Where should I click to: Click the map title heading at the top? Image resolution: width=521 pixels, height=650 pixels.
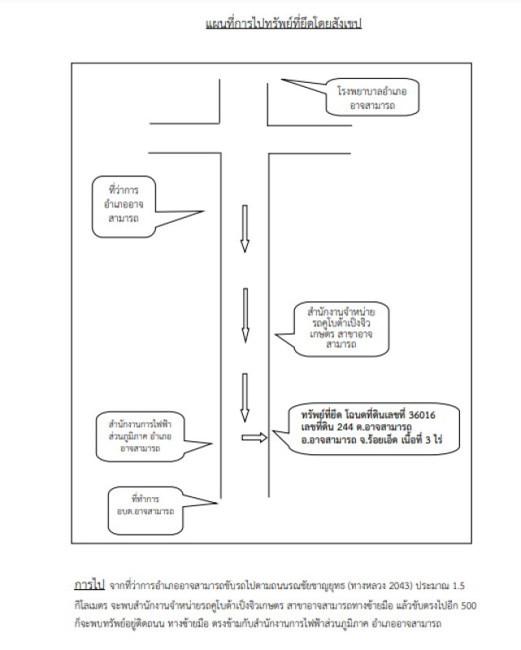pos(284,24)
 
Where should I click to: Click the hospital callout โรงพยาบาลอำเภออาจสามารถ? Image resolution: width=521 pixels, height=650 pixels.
pos(372,97)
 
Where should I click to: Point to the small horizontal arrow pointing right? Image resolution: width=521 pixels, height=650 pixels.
pos(254,437)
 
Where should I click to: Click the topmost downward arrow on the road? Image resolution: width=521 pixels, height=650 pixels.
pos(245,228)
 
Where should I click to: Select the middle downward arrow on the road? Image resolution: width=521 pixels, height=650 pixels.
pos(245,315)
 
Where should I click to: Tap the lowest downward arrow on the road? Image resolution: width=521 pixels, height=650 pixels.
pos(245,397)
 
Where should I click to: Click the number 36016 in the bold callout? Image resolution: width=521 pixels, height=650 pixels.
pos(422,415)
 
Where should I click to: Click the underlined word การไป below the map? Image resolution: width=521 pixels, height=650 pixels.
pos(89,585)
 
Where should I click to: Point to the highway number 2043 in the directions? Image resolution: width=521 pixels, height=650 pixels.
pos(401,586)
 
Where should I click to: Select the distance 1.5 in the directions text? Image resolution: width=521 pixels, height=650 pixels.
pos(458,586)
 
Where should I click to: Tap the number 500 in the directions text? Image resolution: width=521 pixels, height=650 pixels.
pos(469,605)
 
